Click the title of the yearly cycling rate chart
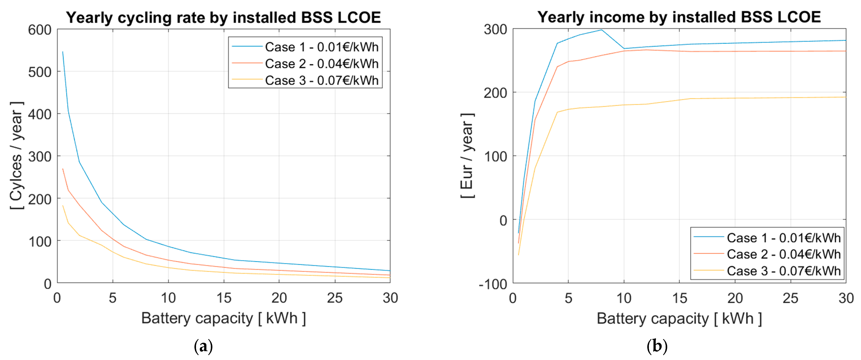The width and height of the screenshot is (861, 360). [223, 17]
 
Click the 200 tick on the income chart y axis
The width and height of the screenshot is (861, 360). [495, 92]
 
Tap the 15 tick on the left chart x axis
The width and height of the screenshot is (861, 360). [224, 298]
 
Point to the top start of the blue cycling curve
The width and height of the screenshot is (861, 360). [63, 52]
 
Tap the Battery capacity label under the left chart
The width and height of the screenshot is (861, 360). [223, 318]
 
